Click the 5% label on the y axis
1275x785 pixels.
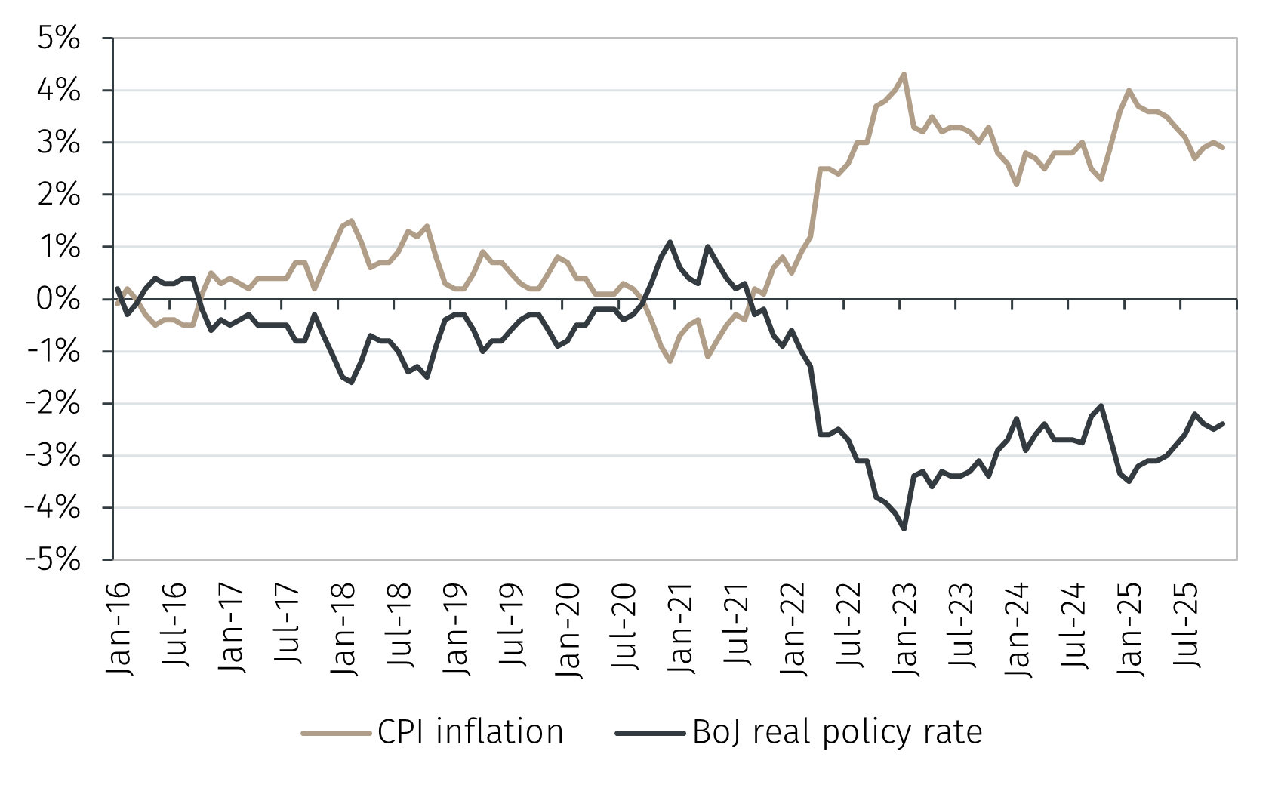[58, 38]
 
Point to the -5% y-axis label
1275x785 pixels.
[52, 560]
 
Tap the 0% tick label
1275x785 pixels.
[58, 300]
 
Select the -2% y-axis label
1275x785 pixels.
[52, 404]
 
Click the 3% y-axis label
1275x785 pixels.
[58, 143]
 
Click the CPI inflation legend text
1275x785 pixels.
[470, 732]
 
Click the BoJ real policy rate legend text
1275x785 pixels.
[837, 732]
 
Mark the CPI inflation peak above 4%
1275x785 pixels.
[904, 74]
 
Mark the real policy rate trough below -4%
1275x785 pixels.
[904, 529]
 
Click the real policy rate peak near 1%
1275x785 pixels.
[670, 242]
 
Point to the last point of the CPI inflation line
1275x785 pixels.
[1223, 148]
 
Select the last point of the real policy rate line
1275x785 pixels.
[1223, 423]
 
